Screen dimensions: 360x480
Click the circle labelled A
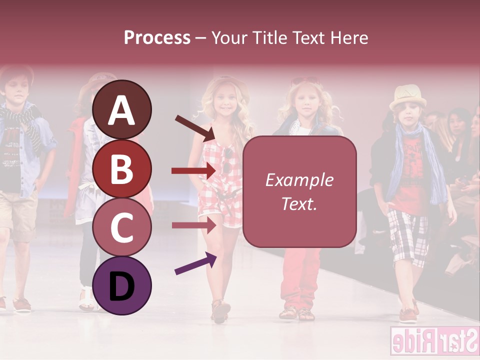click(x=122, y=110)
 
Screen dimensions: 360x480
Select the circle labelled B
click(x=122, y=169)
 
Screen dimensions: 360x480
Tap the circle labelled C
click(x=122, y=227)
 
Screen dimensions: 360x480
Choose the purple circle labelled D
click(x=122, y=285)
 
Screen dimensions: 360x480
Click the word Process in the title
click(x=157, y=37)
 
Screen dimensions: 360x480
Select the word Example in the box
click(x=299, y=180)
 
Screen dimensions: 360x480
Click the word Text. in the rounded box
click(x=299, y=203)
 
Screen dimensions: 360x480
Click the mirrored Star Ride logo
click(x=433, y=341)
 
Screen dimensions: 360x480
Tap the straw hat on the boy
click(x=407, y=96)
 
